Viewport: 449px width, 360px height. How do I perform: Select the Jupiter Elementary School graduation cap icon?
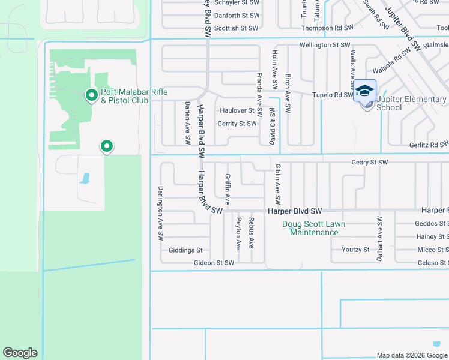coord(364,91)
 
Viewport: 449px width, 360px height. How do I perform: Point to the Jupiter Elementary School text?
coord(411,103)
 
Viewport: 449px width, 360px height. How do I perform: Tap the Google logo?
coord(20,353)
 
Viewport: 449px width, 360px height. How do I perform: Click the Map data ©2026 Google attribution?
coord(412,355)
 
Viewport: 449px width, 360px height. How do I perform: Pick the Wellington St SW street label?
coord(325,45)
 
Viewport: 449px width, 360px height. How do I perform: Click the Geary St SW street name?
coord(370,163)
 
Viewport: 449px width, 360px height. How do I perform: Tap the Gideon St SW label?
coord(214,263)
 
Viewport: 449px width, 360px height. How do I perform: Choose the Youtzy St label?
coord(355,250)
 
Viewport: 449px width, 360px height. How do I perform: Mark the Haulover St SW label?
coord(237,110)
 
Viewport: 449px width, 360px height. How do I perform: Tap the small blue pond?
coord(85,178)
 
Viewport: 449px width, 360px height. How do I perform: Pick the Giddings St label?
coord(185,250)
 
